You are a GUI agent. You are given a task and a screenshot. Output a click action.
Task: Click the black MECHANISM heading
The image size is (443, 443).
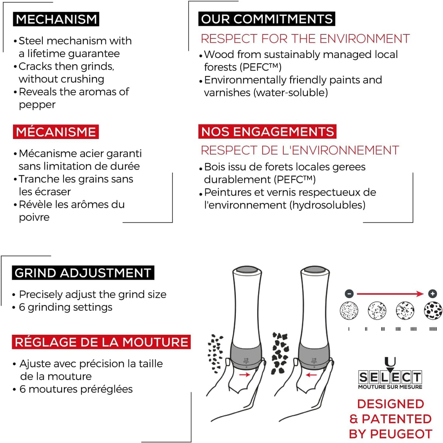[x=56, y=19]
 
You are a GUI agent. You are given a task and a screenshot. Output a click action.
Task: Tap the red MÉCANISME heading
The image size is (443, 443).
[x=56, y=132]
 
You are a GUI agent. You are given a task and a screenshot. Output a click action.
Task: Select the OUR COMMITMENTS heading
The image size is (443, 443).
[x=267, y=18]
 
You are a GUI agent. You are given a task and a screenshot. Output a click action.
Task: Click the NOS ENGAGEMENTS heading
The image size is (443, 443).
[x=267, y=132]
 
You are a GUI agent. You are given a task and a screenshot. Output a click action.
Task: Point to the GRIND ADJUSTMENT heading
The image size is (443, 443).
[x=83, y=273]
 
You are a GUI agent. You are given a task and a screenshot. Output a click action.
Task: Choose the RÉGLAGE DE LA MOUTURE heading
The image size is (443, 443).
[x=101, y=342]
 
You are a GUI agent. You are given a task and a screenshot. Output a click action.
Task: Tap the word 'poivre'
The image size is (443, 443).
[x=34, y=218]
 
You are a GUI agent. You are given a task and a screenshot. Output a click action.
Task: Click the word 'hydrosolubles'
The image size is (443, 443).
[x=327, y=205]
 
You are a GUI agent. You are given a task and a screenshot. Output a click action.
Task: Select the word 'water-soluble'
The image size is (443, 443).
[x=291, y=93]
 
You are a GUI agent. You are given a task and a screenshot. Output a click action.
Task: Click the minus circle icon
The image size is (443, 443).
[x=349, y=294]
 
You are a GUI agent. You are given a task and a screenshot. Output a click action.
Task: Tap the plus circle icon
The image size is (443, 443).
[x=432, y=294]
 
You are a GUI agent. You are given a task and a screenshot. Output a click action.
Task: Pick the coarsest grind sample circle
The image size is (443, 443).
[x=433, y=311]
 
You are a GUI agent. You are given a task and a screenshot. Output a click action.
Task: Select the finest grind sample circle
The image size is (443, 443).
[x=349, y=311]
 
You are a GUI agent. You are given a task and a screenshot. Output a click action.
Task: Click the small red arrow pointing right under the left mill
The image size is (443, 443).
[x=244, y=375]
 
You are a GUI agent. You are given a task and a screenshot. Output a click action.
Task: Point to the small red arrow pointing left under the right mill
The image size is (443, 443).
[x=311, y=375]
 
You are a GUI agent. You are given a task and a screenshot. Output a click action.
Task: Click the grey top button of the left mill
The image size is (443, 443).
[x=247, y=270]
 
